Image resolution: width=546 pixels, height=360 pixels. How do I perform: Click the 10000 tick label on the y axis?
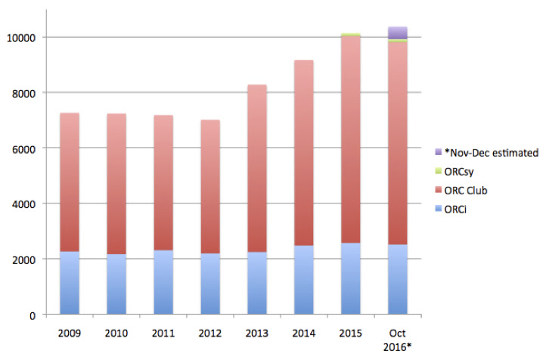tap(28, 37)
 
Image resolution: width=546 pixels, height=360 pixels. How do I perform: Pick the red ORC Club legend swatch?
tap(439, 191)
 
